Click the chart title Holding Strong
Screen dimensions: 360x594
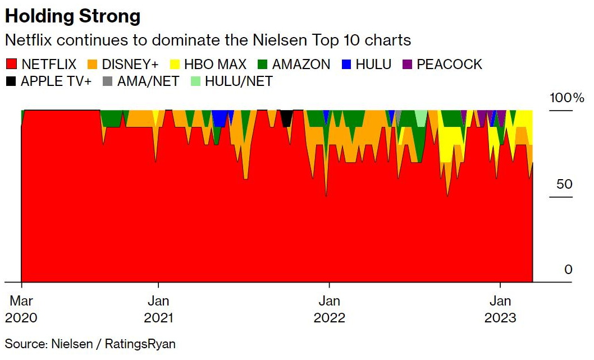point(72,16)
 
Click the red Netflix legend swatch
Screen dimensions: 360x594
point(11,64)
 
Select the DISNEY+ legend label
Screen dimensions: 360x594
point(130,64)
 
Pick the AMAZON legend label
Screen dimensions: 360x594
point(301,64)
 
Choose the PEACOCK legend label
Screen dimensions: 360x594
point(449,64)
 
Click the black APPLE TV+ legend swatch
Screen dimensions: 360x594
point(11,81)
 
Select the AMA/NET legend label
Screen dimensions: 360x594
point(148,81)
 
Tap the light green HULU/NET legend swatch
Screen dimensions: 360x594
point(196,81)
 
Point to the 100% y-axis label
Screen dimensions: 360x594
point(566,98)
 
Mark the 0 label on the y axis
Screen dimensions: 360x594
point(568,270)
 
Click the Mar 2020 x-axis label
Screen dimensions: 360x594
point(21,309)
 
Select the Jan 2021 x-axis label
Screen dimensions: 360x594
point(158,309)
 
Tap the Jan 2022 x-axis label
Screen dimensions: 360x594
point(330,309)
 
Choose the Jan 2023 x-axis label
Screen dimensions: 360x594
point(500,309)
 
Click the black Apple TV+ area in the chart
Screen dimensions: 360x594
point(286,117)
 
